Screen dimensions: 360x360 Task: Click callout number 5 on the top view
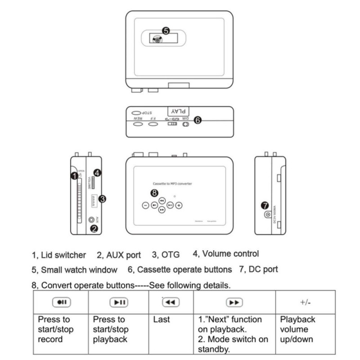(166, 31)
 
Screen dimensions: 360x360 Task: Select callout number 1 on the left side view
(74, 176)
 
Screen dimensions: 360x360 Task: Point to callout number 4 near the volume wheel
(98, 172)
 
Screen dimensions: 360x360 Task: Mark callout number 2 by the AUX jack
(94, 228)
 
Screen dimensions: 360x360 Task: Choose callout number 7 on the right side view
(265, 205)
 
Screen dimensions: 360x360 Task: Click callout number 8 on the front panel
(154, 193)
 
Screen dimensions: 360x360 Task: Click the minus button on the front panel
(145, 205)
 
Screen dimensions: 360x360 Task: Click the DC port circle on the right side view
(267, 215)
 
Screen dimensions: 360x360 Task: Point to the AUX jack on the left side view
(93, 220)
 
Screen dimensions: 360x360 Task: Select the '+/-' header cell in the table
(305, 302)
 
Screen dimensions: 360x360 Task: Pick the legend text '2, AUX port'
(119, 255)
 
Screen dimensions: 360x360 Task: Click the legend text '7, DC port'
(258, 269)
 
